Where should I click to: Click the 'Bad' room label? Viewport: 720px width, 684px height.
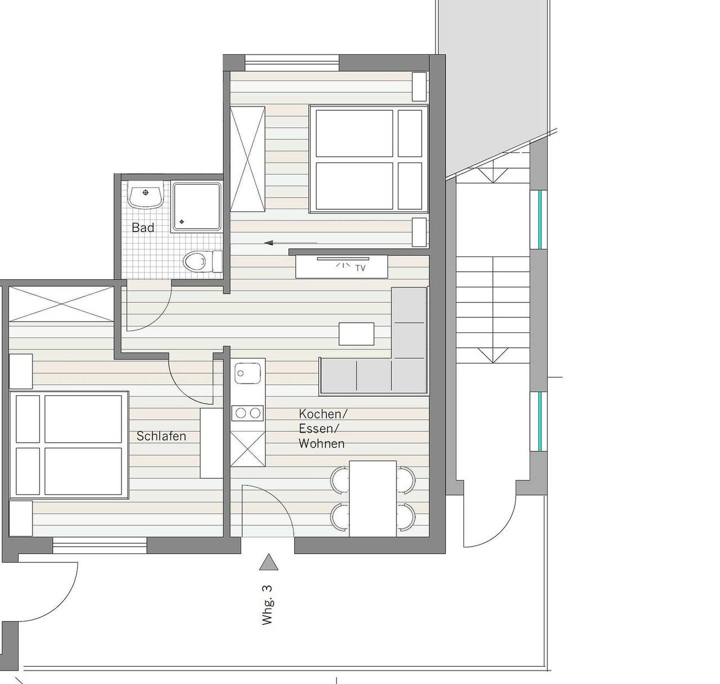142,228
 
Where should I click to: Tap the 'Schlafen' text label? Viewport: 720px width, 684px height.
161,436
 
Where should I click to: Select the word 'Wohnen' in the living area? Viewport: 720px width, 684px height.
322,444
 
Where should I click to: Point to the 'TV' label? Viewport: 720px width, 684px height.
361,268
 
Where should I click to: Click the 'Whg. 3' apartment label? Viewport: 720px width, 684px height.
267,605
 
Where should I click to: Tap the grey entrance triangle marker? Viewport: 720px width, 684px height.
268,562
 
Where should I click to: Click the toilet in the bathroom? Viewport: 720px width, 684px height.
202,261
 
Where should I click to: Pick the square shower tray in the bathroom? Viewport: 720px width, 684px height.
197,208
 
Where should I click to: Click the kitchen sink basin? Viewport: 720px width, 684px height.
247,373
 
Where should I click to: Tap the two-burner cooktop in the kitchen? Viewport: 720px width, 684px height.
247,413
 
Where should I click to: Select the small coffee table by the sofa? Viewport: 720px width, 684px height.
356,334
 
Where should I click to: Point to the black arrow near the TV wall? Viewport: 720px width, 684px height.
290,242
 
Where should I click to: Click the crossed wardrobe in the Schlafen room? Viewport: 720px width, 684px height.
61,304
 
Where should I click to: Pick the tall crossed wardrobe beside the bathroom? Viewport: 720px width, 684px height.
247,159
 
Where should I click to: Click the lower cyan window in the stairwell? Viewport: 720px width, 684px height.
539,421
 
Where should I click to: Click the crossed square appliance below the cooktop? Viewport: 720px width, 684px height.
247,448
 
